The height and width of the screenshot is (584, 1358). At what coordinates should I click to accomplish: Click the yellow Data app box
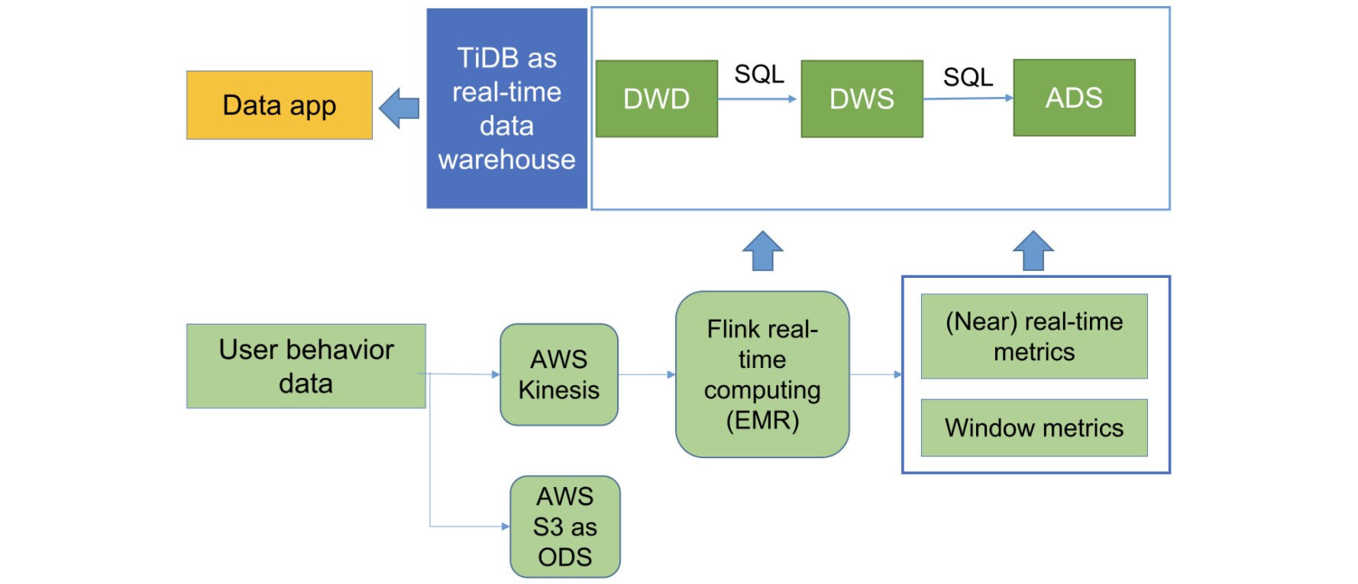pyautogui.click(x=280, y=105)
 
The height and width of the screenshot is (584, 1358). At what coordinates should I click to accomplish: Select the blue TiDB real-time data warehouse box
pyautogui.click(x=507, y=108)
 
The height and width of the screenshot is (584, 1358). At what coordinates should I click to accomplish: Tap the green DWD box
pyautogui.click(x=657, y=99)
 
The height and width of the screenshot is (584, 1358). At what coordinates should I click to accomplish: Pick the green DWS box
pyautogui.click(x=862, y=99)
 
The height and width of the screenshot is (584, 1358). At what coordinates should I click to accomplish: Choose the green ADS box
pyautogui.click(x=1075, y=98)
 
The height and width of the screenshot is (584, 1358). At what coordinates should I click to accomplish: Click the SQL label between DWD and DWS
pyautogui.click(x=759, y=74)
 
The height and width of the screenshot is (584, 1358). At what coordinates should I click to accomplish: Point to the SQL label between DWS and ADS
pyautogui.click(x=968, y=77)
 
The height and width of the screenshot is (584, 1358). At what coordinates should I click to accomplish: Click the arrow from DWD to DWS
pyautogui.click(x=757, y=98)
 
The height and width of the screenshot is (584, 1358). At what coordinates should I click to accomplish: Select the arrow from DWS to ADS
pyautogui.click(x=968, y=98)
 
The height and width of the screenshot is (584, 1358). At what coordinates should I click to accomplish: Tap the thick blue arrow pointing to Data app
pyautogui.click(x=399, y=108)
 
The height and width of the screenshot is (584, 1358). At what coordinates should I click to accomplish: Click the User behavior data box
pyautogui.click(x=306, y=366)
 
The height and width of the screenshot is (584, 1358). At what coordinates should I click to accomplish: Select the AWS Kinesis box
pyautogui.click(x=559, y=375)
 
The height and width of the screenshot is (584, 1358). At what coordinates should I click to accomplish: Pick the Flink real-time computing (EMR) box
pyautogui.click(x=762, y=375)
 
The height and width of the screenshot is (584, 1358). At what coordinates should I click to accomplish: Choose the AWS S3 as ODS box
pyautogui.click(x=565, y=527)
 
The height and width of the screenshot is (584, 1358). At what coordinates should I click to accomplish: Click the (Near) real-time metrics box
pyautogui.click(x=1034, y=337)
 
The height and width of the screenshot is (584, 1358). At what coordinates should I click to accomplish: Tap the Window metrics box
pyautogui.click(x=1034, y=428)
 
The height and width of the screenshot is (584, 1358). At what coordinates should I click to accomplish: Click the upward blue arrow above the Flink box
pyautogui.click(x=763, y=251)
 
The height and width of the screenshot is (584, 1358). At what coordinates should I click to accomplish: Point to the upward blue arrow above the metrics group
pyautogui.click(x=1033, y=251)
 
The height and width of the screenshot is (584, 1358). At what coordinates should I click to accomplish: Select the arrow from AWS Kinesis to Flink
pyautogui.click(x=647, y=375)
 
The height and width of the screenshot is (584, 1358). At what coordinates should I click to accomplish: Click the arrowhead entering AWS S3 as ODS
pyautogui.click(x=506, y=527)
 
